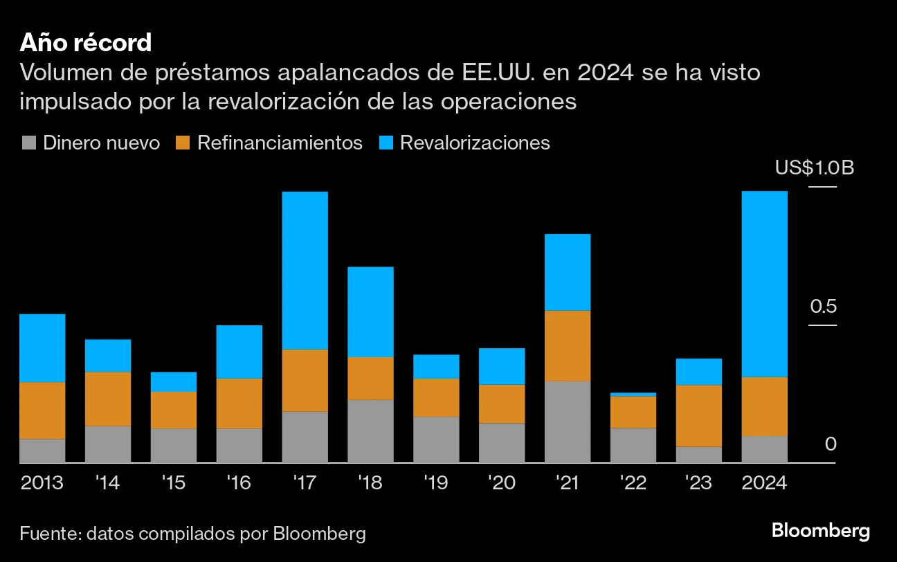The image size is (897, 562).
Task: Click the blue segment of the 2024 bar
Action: click(764, 284)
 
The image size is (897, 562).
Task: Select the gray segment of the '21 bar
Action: click(568, 421)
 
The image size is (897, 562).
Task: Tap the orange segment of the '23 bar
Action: click(699, 415)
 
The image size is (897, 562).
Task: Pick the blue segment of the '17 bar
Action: click(305, 270)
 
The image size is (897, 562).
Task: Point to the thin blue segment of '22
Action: click(633, 395)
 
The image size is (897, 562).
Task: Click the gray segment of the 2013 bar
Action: click(42, 451)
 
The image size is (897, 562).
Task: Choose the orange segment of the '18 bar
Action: click(370, 378)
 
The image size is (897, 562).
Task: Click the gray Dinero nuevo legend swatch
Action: click(28, 143)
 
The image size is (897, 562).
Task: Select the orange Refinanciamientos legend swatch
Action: click(183, 143)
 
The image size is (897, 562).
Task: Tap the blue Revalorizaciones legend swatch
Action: click(386, 143)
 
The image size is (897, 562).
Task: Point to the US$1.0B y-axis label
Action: click(814, 168)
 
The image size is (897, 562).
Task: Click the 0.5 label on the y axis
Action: click(823, 307)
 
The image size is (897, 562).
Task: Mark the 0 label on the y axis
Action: click(831, 444)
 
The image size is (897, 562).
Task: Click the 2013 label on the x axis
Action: click(42, 482)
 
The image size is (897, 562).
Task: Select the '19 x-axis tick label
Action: click(436, 482)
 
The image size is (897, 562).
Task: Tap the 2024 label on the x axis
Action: click(764, 482)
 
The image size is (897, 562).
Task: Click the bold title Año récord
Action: click(85, 43)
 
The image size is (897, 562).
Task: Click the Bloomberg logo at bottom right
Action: click(820, 532)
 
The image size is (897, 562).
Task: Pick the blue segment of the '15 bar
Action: click(173, 382)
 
